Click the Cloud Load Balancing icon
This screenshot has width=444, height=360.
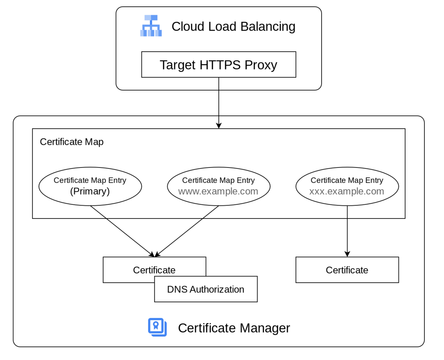pyautogui.click(x=151, y=26)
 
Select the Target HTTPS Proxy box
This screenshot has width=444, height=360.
pyautogui.click(x=218, y=65)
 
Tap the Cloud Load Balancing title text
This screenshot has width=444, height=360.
pyautogui.click(x=233, y=27)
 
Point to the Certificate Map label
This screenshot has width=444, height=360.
pyautogui.click(x=71, y=142)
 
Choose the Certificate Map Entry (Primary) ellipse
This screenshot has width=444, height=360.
pyautogui.click(x=90, y=186)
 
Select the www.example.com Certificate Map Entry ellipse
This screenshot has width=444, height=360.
pyautogui.click(x=218, y=186)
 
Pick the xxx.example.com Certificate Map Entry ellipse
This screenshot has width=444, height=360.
pyautogui.click(x=347, y=186)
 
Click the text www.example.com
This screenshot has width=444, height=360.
pyautogui.click(x=218, y=191)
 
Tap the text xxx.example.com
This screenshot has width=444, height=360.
pyautogui.click(x=347, y=191)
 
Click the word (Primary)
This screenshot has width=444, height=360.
pyautogui.click(x=90, y=191)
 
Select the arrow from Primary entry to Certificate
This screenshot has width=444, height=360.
pyautogui.click(x=122, y=231)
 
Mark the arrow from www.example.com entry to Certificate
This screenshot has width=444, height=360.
pyautogui.click(x=187, y=231)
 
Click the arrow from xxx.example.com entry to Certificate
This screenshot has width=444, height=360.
pyautogui.click(x=347, y=231)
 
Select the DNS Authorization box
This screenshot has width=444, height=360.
pyautogui.click(x=206, y=289)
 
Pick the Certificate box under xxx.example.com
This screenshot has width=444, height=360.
pyautogui.click(x=347, y=270)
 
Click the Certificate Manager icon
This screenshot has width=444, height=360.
pyautogui.click(x=157, y=327)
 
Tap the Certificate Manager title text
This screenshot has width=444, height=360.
pyautogui.click(x=234, y=328)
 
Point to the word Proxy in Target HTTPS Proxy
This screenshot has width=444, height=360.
pyautogui.click(x=260, y=65)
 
